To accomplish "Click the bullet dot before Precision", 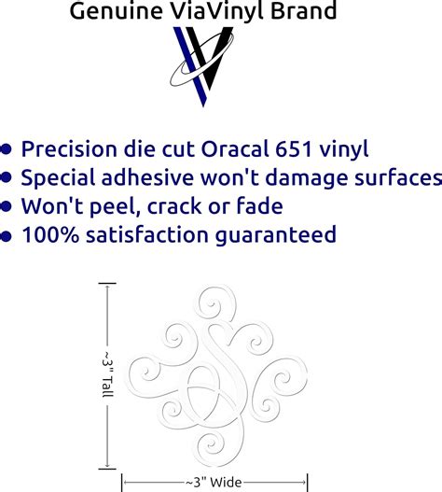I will click(7, 149).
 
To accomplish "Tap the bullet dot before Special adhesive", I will click(7, 178).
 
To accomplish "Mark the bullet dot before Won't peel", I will click(7, 207).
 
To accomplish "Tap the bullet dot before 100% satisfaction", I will click(7, 236).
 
